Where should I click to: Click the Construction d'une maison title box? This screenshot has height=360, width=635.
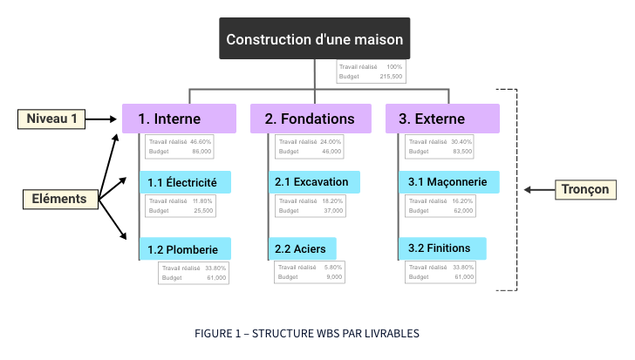tap(314, 39)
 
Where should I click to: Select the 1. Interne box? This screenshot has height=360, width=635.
tap(179, 119)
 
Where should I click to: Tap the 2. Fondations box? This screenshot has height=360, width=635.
tap(310, 119)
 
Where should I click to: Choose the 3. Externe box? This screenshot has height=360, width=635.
tap(442, 119)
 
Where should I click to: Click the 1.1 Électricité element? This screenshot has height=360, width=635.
tap(185, 182)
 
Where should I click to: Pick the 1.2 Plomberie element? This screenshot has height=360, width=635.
tap(185, 248)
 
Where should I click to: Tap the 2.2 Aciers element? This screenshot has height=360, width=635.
tap(302, 248)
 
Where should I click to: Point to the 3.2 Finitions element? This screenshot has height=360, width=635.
tap(441, 248)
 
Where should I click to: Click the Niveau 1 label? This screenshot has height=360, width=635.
tap(51, 119)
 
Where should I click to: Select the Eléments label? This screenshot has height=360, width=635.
tap(59, 199)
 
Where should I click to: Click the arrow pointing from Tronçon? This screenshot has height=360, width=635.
tap(539, 189)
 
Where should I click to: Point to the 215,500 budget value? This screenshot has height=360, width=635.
tap(391, 77)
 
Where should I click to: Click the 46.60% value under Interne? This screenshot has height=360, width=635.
tap(201, 141)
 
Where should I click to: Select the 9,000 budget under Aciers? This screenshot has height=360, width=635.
tap(334, 277)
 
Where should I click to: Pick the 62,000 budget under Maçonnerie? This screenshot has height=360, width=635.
tap(463, 211)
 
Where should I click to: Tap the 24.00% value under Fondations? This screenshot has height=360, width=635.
tap(331, 141)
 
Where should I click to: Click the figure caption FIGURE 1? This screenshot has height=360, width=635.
tap(307, 334)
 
